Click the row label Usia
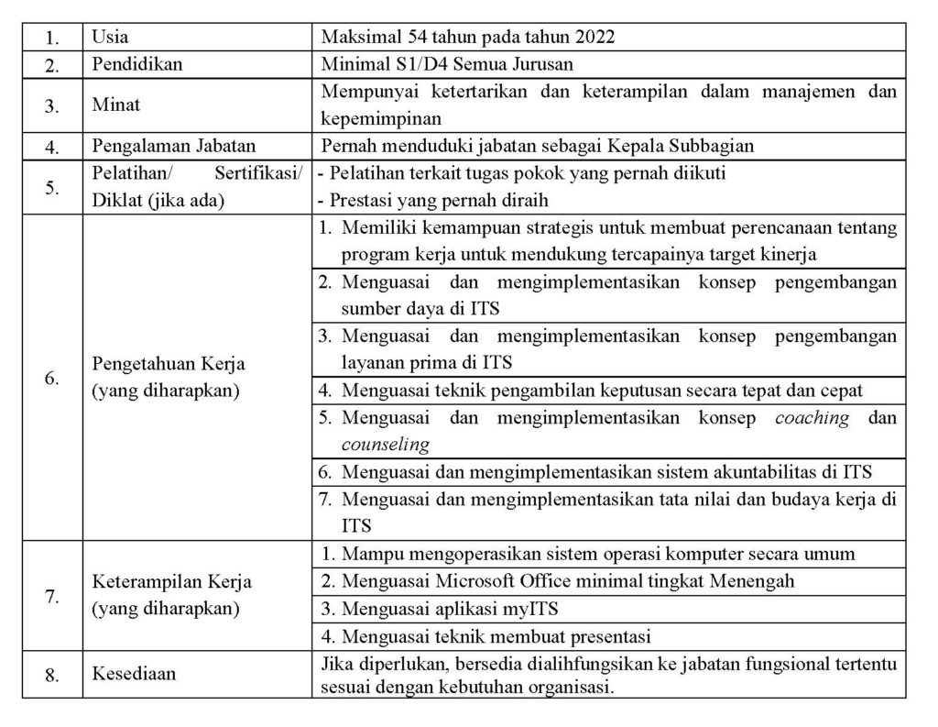tap(111, 38)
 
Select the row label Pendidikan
tap(137, 64)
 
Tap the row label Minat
tap(116, 104)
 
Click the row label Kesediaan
tap(134, 675)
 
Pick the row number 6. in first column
tap(52, 378)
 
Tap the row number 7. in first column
tap(52, 596)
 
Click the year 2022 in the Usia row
tap(596, 38)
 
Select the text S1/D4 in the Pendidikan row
tap(409, 64)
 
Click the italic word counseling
tap(385, 445)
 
